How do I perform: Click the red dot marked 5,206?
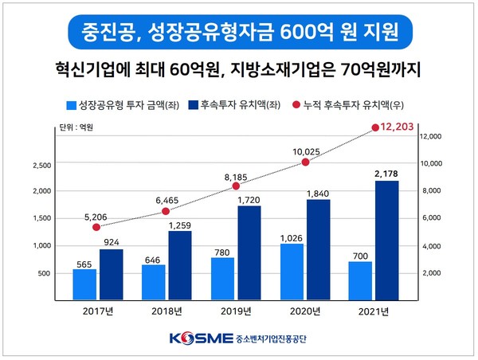pyautogui.click(x=96, y=227)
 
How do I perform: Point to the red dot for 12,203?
pyautogui.click(x=376, y=127)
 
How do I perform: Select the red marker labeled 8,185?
pyautogui.click(x=236, y=186)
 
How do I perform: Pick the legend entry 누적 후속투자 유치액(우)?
pyautogui.click(x=351, y=104)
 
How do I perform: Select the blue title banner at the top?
pyautogui.click(x=239, y=33)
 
